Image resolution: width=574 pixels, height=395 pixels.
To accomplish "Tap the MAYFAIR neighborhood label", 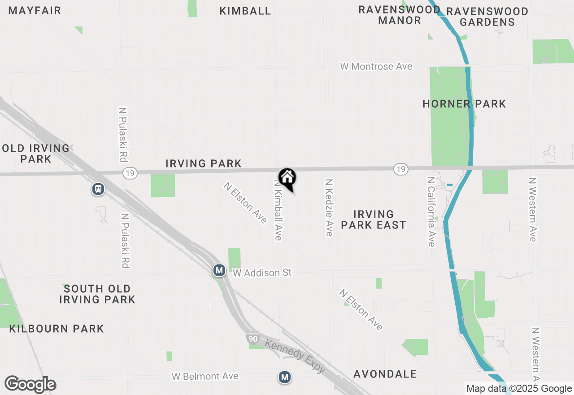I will point(35,10).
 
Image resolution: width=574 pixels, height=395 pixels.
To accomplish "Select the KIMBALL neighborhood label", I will point(245,11).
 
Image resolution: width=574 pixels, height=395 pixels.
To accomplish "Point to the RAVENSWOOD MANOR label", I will point(399,15).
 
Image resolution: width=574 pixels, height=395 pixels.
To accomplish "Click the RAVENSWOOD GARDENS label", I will point(487,16).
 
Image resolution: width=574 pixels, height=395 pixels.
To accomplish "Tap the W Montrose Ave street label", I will point(376,66).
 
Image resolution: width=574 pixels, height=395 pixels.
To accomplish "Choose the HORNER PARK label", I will point(464,104).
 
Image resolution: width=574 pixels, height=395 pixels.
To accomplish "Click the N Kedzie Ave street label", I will point(329,208).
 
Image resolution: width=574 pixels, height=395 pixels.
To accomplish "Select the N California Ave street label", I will point(431,211).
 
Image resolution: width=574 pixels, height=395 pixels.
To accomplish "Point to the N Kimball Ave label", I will point(278,210).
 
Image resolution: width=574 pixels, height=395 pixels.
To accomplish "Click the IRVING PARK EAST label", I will point(374,219).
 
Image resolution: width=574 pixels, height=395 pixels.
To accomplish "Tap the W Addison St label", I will point(262,272).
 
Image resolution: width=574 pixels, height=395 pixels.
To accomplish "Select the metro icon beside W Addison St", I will point(219,270).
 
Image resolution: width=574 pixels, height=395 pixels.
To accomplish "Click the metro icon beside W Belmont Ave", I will point(284,377).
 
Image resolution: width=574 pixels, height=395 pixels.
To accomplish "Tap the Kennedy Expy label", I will point(295,356).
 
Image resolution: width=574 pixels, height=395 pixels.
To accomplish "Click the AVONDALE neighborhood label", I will point(385,374).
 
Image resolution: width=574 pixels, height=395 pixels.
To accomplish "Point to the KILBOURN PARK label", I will point(57,329).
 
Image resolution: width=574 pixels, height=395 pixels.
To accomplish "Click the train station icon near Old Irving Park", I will point(98,189).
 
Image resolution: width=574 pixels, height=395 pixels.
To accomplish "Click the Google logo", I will point(30,385).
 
